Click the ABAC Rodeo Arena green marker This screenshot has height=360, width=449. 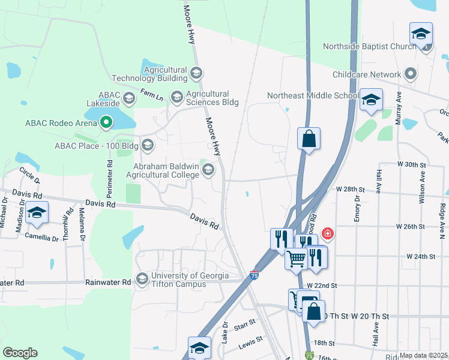(x=107, y=123)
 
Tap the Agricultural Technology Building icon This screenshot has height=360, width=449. (x=196, y=74)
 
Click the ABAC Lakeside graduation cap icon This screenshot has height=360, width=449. (x=128, y=98)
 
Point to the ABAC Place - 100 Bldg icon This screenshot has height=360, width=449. (x=147, y=145)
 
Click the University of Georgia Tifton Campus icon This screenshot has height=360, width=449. (x=142, y=279)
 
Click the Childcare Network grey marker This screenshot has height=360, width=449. (x=411, y=74)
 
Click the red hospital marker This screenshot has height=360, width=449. (x=328, y=233)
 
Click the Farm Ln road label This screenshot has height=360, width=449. (x=151, y=95)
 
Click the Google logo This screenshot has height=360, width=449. (x=19, y=352)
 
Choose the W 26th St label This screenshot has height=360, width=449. (x=411, y=227)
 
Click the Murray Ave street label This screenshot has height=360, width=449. (x=398, y=112)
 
